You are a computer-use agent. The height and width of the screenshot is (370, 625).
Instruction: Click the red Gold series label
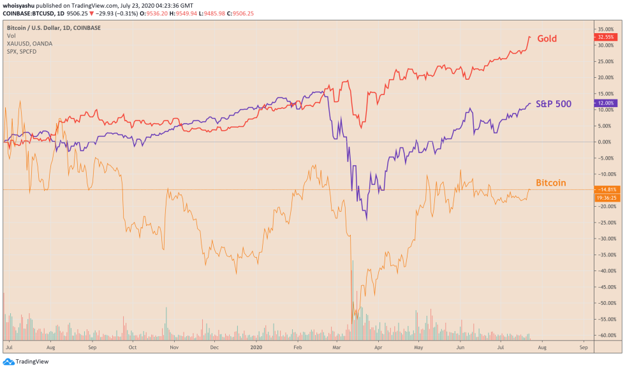coord(547,39)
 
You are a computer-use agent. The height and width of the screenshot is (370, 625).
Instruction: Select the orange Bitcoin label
coord(550,183)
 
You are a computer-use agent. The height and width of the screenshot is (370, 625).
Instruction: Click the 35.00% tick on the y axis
coord(606,29)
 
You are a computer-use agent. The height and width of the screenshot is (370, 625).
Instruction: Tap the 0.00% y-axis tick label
coord(606,142)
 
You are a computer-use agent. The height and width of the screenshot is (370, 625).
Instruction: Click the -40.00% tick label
coord(606,270)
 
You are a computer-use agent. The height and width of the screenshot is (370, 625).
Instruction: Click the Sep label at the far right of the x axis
coord(582,348)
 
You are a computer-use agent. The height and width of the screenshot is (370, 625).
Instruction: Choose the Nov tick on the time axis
coord(173,348)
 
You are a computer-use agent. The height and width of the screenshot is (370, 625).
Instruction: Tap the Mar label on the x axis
coord(337,348)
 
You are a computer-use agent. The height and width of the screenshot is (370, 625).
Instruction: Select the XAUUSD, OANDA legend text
coord(29,43)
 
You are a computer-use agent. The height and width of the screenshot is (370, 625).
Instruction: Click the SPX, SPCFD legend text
coord(22,51)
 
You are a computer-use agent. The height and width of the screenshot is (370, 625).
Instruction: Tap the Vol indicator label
coord(11,36)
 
